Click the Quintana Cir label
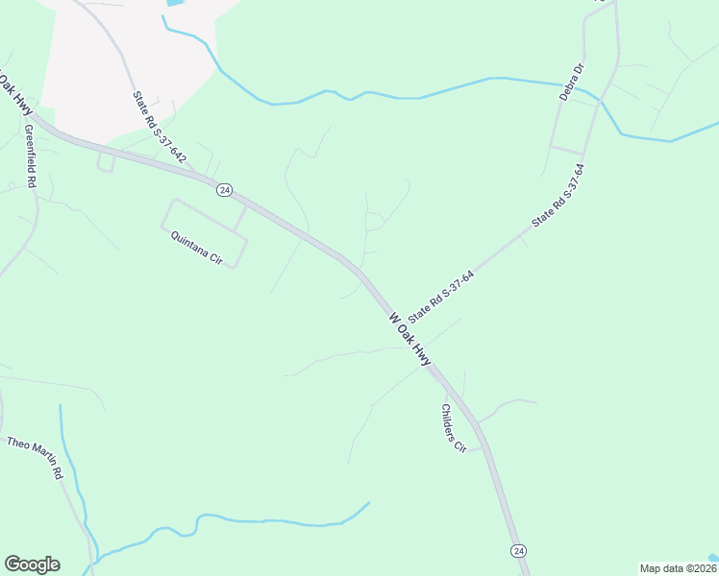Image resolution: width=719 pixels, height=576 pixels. tap(196, 248)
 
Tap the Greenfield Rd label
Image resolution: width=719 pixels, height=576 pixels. tap(31, 156)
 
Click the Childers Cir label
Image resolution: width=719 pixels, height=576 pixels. tap(453, 428)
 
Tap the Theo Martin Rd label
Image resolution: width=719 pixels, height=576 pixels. tap(35, 457)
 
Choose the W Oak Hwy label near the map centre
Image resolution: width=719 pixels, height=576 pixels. tap(409, 338)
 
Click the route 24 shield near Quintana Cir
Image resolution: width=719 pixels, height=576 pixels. tap(224, 190)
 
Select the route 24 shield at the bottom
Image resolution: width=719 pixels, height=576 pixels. tap(518, 550)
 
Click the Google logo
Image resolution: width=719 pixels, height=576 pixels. tap(32, 564)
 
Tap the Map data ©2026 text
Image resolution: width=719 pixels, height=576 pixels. tap(677, 568)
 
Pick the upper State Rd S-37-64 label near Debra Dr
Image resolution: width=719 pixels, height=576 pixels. tap(558, 196)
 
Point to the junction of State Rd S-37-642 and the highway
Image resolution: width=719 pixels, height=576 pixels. tap(192, 174)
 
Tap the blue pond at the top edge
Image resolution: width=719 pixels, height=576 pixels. tap(176, 3)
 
